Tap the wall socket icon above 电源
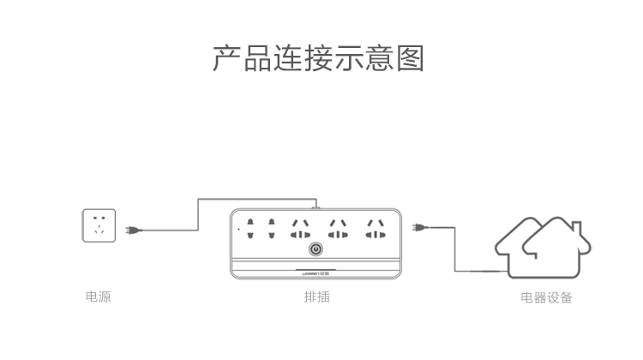99,225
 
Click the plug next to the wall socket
131,229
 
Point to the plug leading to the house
418,228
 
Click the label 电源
98,297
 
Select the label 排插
316,297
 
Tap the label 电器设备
546,297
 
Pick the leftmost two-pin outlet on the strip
250,227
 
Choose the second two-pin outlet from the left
270,227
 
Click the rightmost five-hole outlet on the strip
375,228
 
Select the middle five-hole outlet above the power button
337,228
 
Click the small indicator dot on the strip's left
237,230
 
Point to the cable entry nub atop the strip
315,205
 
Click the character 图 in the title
411,57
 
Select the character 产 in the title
226,57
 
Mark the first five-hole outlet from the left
300,228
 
